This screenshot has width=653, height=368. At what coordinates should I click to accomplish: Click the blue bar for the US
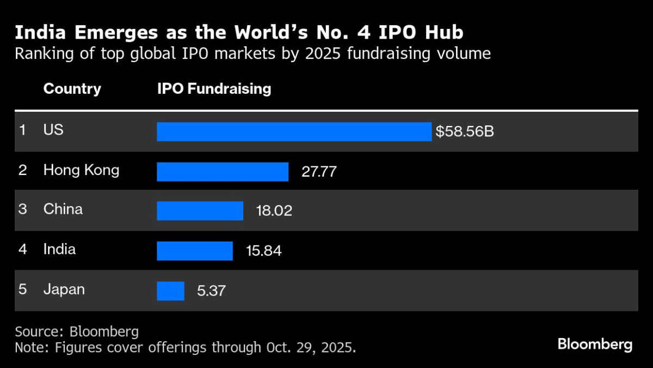tap(294, 131)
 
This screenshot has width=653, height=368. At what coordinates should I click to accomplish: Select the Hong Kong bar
tap(223, 172)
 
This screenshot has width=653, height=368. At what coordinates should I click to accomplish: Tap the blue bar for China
tap(200, 210)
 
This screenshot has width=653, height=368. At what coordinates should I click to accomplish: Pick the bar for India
tap(195, 251)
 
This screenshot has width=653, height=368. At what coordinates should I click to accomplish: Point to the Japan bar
tap(171, 291)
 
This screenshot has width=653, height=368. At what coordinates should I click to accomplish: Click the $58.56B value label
tap(464, 132)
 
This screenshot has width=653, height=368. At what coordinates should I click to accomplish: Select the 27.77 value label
tap(319, 172)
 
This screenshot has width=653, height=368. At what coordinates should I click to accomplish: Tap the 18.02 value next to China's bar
tap(274, 211)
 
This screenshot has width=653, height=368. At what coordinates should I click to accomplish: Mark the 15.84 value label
tap(264, 251)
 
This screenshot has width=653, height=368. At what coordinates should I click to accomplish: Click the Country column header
tap(72, 89)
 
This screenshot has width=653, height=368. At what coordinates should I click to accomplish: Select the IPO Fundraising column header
tap(214, 89)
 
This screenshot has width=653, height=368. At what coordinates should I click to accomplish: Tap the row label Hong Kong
tap(81, 170)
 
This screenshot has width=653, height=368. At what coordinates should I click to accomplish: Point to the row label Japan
tap(64, 289)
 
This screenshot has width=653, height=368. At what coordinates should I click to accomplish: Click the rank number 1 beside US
tap(22, 130)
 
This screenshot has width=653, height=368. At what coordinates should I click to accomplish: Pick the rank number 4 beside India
tap(22, 250)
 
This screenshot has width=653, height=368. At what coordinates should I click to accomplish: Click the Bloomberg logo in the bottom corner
tap(595, 345)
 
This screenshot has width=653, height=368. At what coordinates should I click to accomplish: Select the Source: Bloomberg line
tap(77, 331)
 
